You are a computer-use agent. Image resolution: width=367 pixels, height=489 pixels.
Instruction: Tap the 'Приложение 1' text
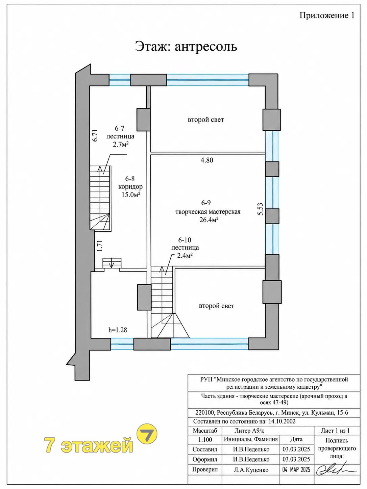(327, 16)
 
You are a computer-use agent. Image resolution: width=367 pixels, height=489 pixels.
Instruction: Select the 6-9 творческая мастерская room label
(208, 211)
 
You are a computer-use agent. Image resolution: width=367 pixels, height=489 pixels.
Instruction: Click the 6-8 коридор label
(130, 187)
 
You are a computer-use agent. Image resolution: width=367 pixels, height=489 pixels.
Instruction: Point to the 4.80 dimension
(207, 160)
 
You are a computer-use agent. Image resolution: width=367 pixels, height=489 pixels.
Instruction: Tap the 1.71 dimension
(100, 246)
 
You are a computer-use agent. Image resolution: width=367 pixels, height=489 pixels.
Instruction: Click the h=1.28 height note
(118, 330)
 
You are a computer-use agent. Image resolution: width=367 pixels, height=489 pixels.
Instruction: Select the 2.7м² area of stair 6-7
(121, 144)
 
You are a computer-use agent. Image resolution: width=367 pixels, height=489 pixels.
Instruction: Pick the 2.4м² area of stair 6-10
(185, 255)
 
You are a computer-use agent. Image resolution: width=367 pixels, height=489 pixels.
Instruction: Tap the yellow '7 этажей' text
(89, 445)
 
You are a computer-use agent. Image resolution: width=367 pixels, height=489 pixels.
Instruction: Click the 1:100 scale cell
(205, 440)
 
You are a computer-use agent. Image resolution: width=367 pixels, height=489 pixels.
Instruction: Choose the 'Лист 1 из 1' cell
(335, 431)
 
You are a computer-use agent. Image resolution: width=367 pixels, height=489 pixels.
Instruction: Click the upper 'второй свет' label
(206, 120)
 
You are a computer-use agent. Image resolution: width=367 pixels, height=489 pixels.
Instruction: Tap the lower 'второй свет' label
(216, 306)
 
